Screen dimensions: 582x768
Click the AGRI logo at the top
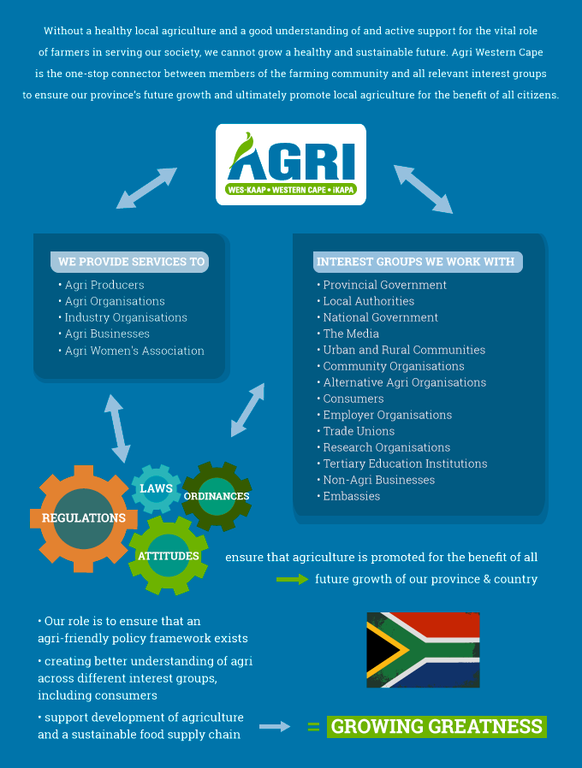(x=291, y=164)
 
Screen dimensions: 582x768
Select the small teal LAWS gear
(x=156, y=488)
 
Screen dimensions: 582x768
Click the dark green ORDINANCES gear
(x=217, y=496)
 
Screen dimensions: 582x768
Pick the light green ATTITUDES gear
(x=168, y=556)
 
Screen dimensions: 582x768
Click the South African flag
(x=423, y=650)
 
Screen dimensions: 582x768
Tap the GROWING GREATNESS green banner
(x=436, y=726)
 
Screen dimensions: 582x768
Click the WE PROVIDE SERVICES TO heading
(x=130, y=262)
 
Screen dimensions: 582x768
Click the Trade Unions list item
(x=356, y=431)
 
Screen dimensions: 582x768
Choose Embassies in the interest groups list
(x=348, y=496)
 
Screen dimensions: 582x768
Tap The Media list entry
(x=348, y=334)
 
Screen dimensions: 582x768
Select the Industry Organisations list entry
(x=123, y=317)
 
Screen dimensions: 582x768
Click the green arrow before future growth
(x=292, y=580)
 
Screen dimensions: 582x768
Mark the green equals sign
(x=313, y=726)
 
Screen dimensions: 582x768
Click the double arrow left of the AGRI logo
(x=146, y=188)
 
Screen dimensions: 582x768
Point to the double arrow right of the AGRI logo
(x=423, y=189)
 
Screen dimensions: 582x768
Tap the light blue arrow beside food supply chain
(x=275, y=726)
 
